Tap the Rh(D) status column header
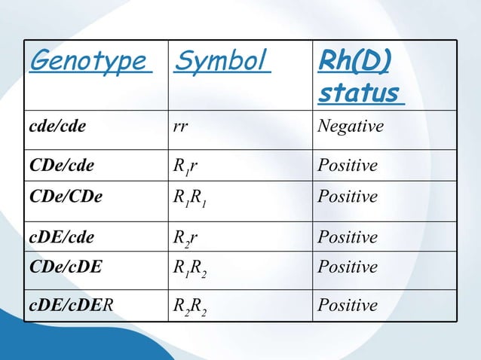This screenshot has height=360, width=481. (x=359, y=78)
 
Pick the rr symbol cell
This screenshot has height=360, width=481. (x=181, y=127)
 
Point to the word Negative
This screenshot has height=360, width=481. (x=351, y=127)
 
